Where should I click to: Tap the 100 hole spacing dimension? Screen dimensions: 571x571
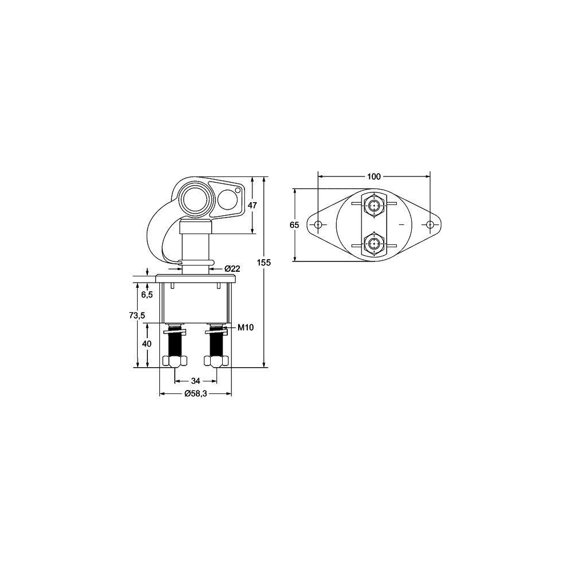pyautogui.click(x=373, y=176)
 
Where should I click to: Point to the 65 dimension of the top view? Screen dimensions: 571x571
pyautogui.click(x=294, y=225)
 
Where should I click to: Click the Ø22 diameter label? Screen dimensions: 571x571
pyautogui.click(x=231, y=268)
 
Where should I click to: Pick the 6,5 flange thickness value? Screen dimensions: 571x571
pyautogui.click(x=147, y=295)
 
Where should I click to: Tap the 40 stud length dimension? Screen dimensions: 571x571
pyautogui.click(x=147, y=344)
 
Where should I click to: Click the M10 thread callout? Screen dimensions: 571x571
pyautogui.click(x=245, y=327)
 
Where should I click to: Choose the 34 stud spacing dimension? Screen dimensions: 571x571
pyautogui.click(x=195, y=381)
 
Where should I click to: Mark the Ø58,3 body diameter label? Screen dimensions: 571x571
pyautogui.click(x=195, y=394)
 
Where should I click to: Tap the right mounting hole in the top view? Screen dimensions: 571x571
pyautogui.click(x=430, y=225)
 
